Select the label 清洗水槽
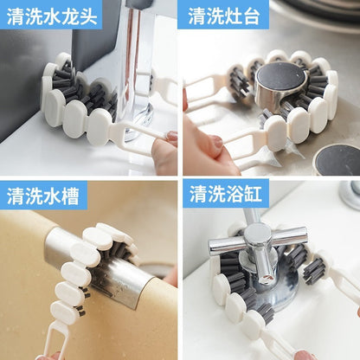43,196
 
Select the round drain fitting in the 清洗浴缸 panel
350,192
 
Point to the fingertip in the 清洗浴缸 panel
305,354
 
